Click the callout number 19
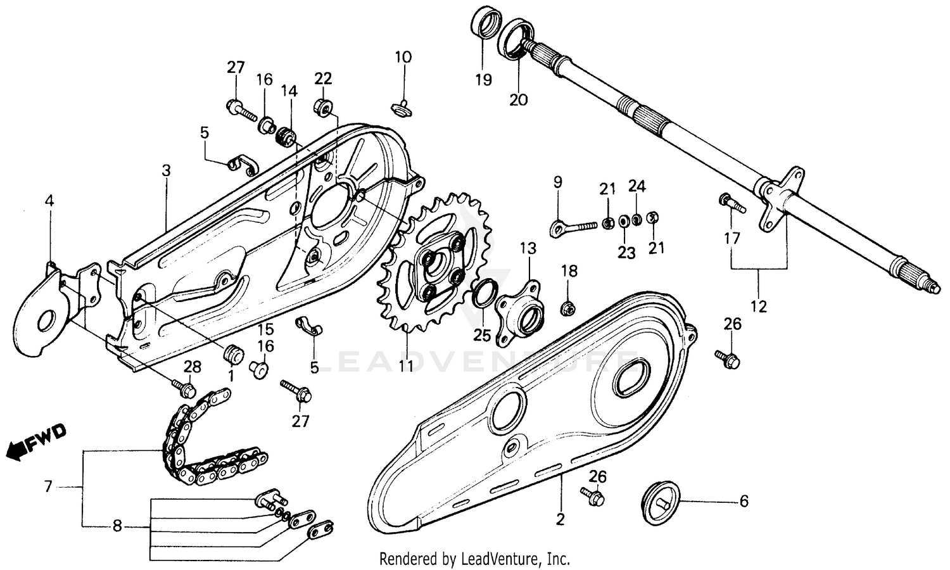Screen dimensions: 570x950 [483, 80]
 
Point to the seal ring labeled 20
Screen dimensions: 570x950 [516, 39]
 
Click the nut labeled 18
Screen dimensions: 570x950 [568, 308]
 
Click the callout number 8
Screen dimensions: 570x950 [117, 525]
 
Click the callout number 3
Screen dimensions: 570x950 [166, 171]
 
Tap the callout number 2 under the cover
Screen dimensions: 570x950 [560, 519]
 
